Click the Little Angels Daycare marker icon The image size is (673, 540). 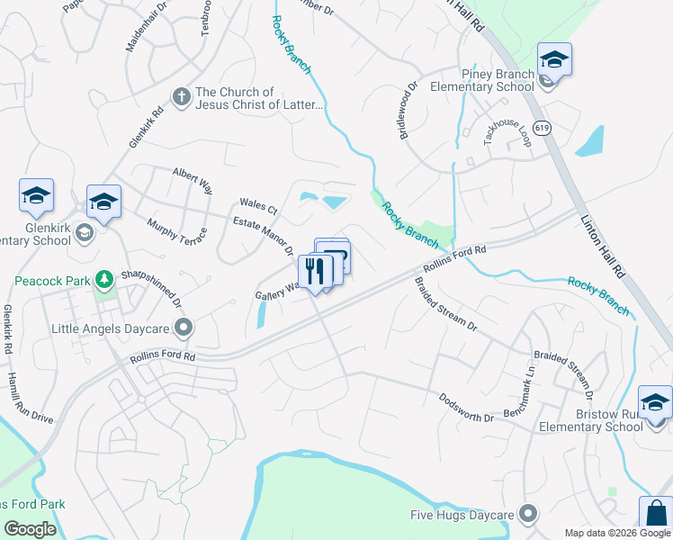(x=184, y=328)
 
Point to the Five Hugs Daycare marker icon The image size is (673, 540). (x=528, y=514)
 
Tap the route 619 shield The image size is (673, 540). (x=543, y=129)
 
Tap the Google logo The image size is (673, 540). (x=31, y=529)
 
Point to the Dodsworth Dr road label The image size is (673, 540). (x=467, y=407)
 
